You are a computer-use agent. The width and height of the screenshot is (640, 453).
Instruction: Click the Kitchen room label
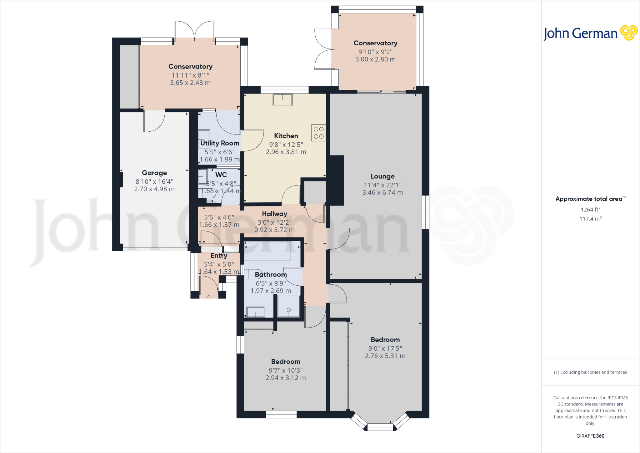pos(286,136)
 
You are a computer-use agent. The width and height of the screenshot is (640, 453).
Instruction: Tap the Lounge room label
pos(382,176)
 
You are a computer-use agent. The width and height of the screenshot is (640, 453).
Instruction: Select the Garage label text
pos(154,173)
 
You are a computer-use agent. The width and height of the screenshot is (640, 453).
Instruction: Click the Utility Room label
pos(220,143)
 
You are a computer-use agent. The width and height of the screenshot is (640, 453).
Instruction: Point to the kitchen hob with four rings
pos(318,133)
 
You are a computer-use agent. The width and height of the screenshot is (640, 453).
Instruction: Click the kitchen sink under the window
pos(282,100)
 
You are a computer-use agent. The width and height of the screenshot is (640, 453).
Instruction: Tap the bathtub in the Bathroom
pos(267,251)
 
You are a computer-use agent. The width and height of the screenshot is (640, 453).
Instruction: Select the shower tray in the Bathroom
pos(288,307)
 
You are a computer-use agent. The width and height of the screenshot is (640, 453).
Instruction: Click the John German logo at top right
pos(590,33)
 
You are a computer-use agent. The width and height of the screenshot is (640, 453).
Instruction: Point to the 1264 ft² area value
pos(590,210)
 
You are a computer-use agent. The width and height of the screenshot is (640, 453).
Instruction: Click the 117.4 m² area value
pos(590,219)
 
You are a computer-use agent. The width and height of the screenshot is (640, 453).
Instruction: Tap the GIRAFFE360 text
pos(590,436)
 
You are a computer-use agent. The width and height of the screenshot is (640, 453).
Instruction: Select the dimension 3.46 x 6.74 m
pos(382,193)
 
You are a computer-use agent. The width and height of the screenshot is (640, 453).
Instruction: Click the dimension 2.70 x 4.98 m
pos(154,189)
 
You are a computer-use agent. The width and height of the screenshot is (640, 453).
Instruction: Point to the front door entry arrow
pos(209,298)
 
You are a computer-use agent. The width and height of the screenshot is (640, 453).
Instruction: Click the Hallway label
pos(274,214)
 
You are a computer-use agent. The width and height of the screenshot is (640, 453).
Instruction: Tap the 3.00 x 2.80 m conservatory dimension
pos(375,59)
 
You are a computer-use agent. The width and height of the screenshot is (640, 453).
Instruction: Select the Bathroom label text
pos(271,275)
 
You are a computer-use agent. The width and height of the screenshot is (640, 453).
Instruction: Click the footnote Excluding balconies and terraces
pos(590,372)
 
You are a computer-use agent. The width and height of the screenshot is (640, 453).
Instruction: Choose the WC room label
pos(221,175)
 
